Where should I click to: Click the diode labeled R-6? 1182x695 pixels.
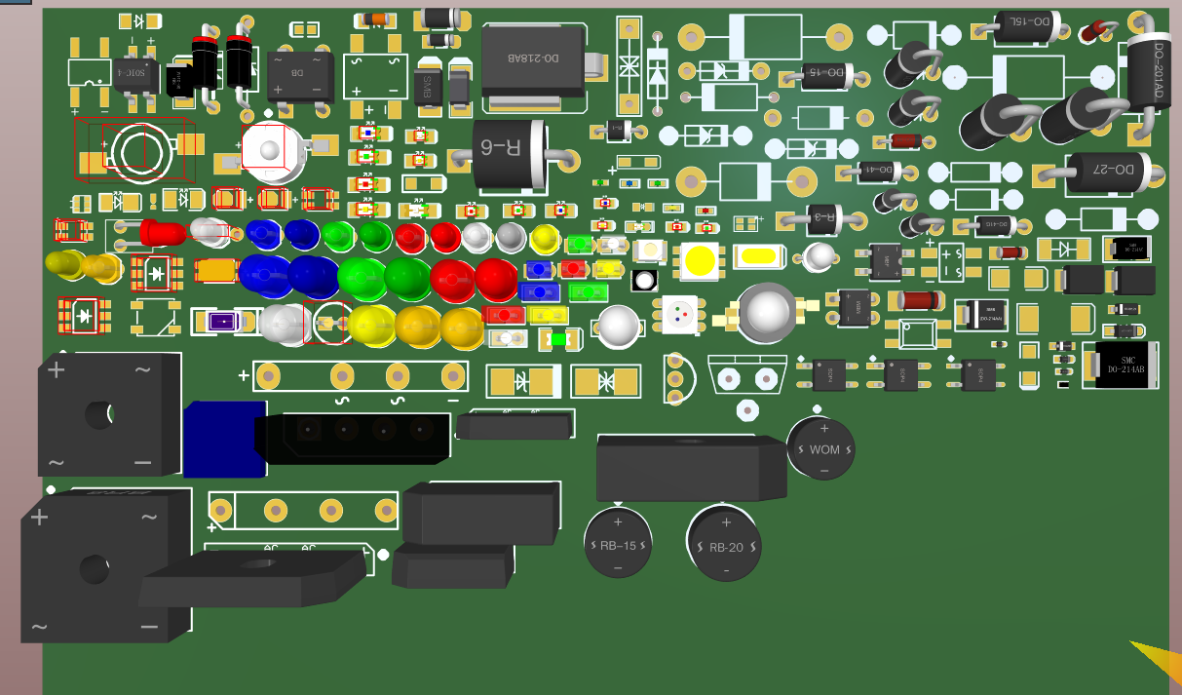pos(508,153)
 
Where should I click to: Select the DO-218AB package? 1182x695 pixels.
pos(533,60)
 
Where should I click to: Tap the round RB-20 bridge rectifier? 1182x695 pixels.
pos(723,544)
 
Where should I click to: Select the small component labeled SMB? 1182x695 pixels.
pos(425,86)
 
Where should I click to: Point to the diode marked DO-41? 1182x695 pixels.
pos(877,171)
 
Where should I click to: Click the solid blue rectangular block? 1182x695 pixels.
pos(224,439)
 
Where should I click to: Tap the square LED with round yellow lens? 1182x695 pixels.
pos(700,260)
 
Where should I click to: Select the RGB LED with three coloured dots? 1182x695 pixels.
pos(679,314)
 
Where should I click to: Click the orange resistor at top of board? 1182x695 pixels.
pos(376,19)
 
